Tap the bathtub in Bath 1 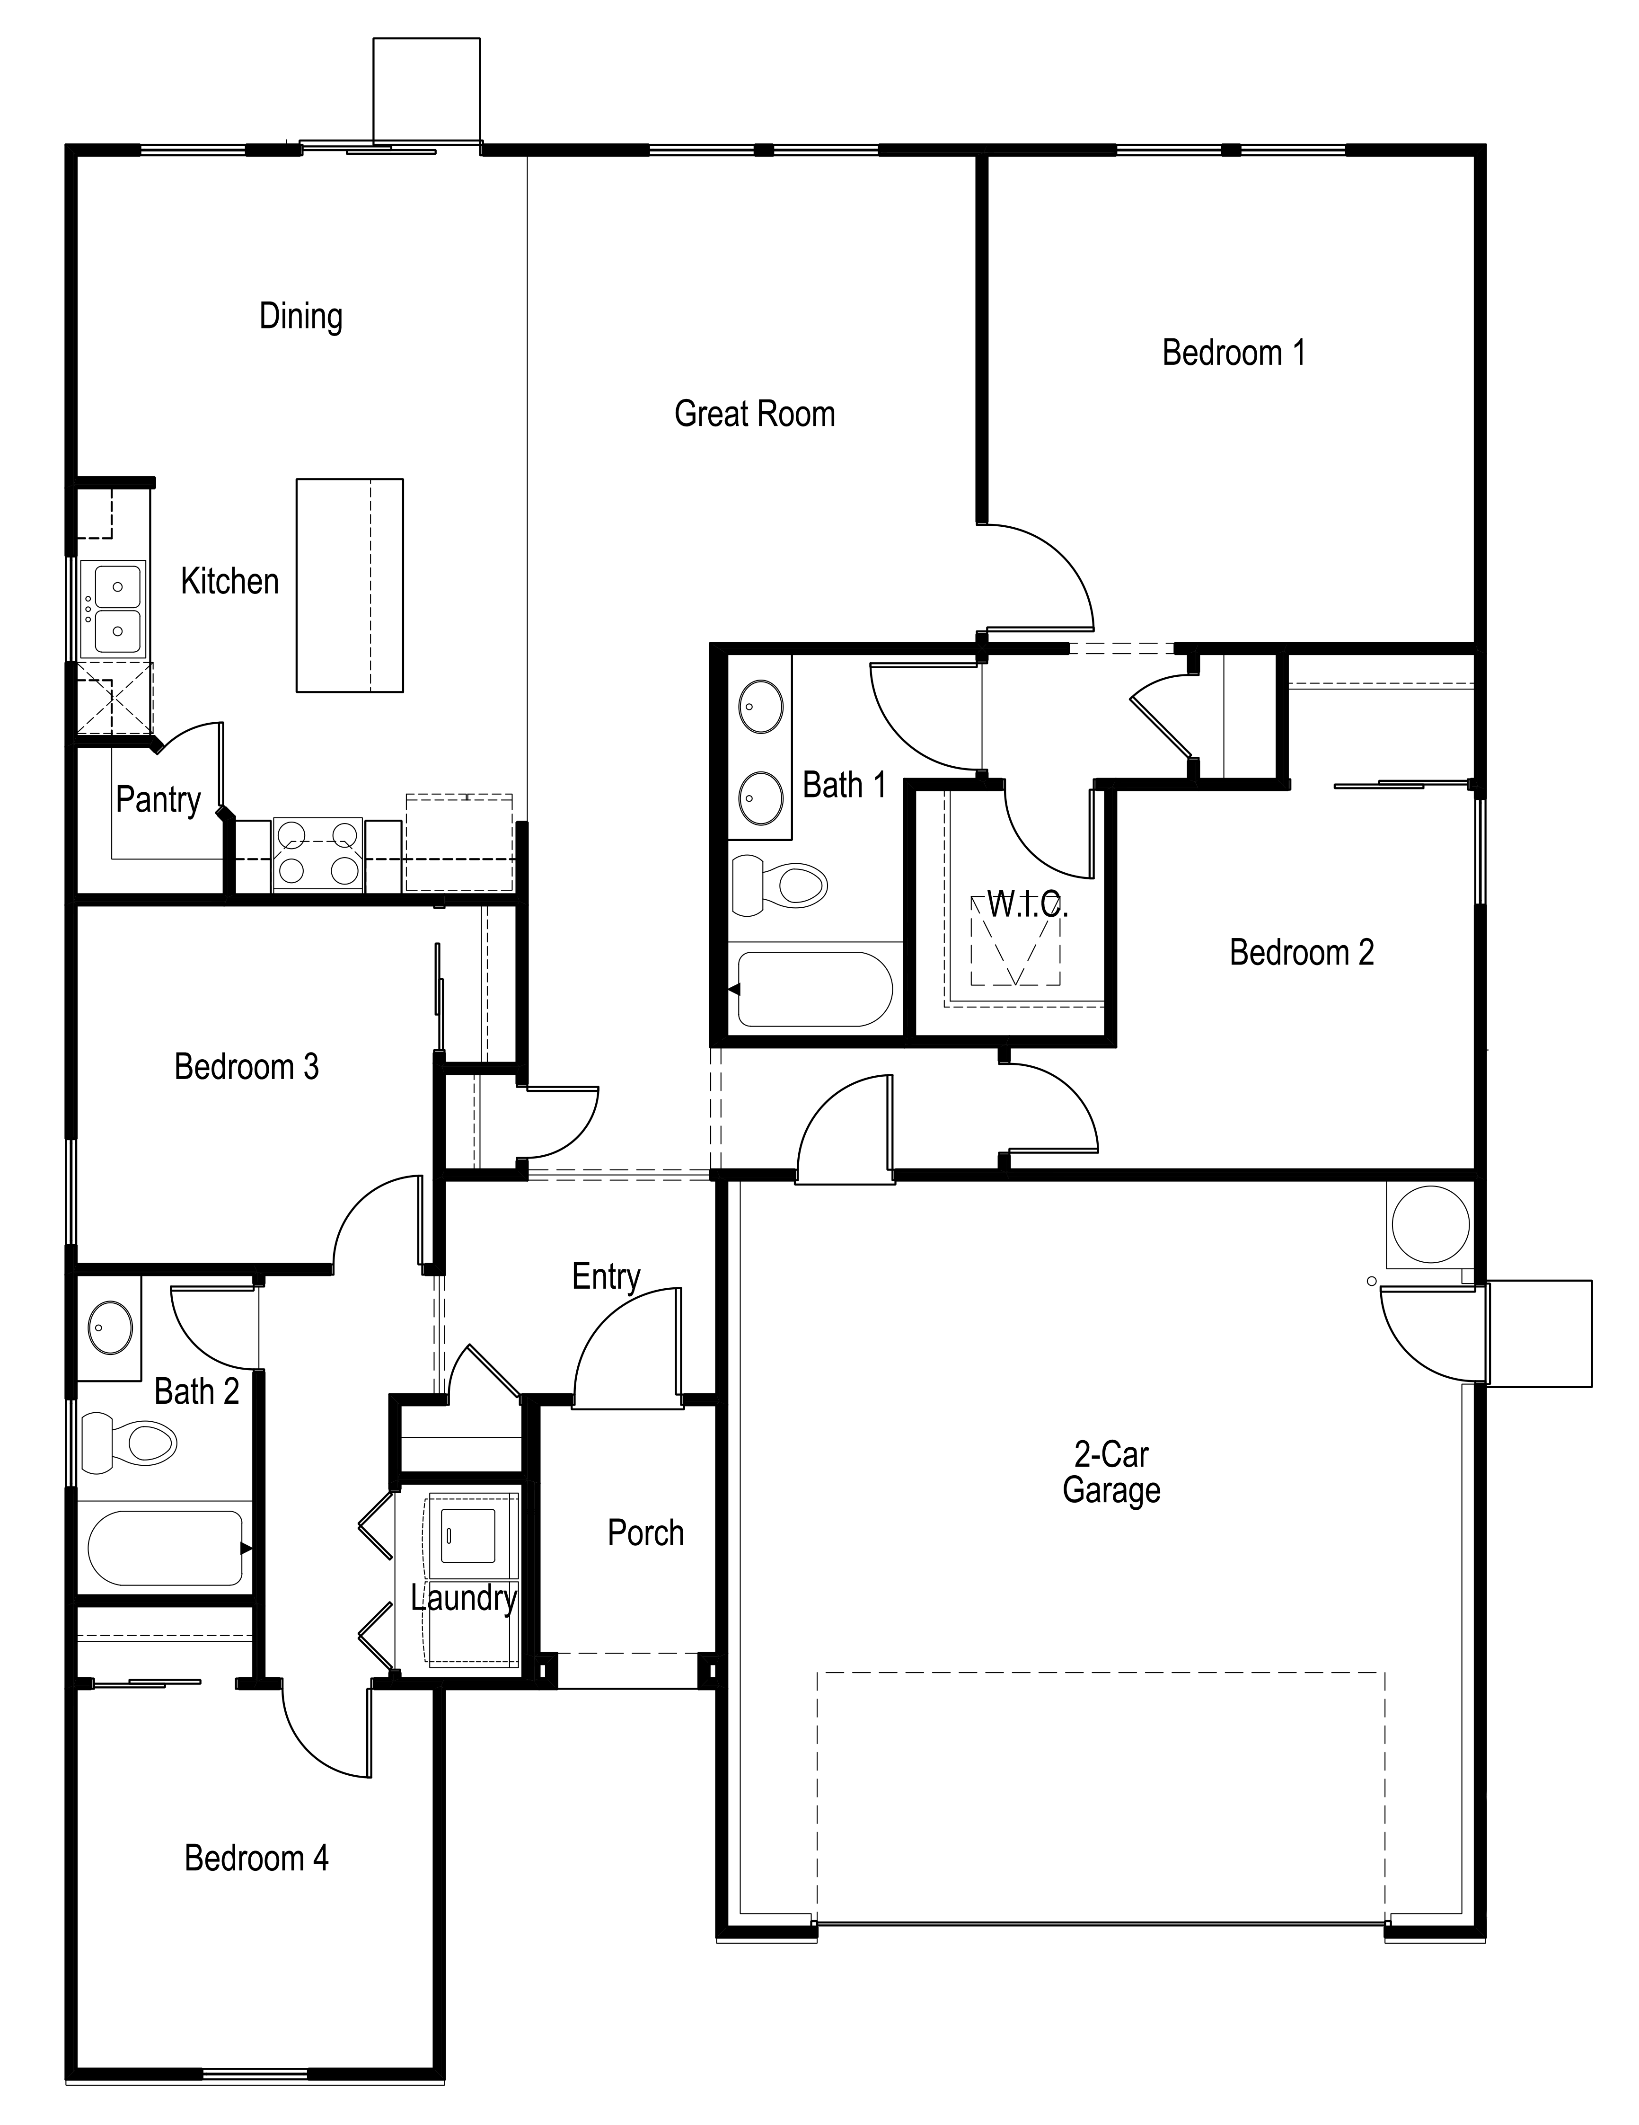click(x=813, y=989)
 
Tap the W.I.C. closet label click(x=1027, y=905)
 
